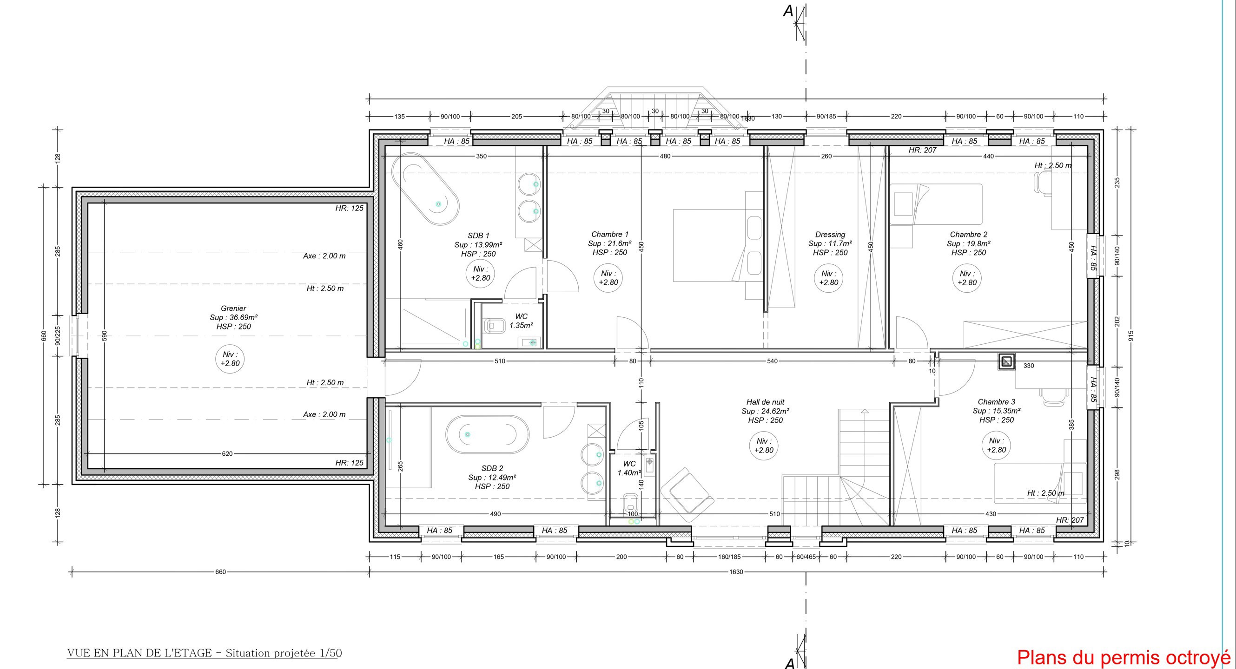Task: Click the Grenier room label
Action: coord(233,308)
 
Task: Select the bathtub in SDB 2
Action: coord(487,434)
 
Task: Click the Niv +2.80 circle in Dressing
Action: coord(829,278)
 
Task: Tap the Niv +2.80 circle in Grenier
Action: coord(230,359)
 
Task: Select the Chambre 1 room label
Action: coord(609,234)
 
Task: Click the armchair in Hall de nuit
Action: coord(687,491)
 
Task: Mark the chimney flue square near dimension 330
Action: coord(1007,361)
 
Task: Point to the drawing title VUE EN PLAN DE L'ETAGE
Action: coord(139,653)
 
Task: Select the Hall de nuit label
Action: coord(765,402)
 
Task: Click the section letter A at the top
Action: coord(788,11)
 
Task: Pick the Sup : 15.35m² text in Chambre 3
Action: coord(997,411)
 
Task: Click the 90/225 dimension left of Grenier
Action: coord(58,336)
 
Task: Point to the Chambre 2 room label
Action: coord(968,234)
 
